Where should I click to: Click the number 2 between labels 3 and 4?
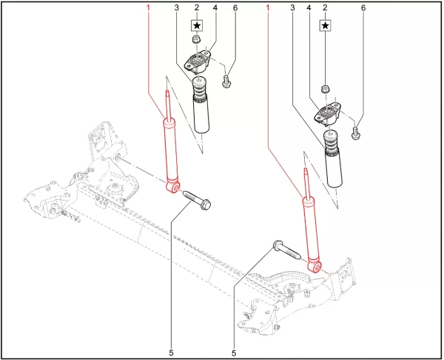(196, 7)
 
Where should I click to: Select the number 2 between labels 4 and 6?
(326, 7)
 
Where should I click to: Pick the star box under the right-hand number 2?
(326, 24)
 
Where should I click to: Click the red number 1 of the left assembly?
(149, 7)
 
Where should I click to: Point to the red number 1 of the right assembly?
(269, 7)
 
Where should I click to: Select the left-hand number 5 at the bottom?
(172, 353)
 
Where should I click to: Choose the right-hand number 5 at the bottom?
(234, 353)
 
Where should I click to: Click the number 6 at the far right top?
(363, 7)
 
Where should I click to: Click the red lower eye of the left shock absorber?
(173, 188)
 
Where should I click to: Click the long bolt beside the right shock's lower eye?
(286, 250)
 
